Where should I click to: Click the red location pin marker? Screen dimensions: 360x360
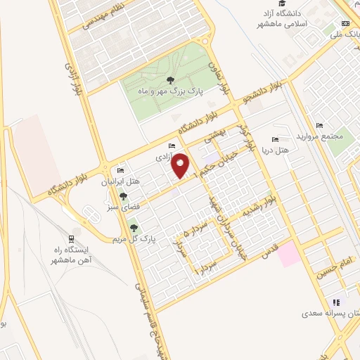click(x=180, y=165)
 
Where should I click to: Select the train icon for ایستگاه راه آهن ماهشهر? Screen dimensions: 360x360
click(x=71, y=238)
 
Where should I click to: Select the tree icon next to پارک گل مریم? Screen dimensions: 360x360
click(x=134, y=227)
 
